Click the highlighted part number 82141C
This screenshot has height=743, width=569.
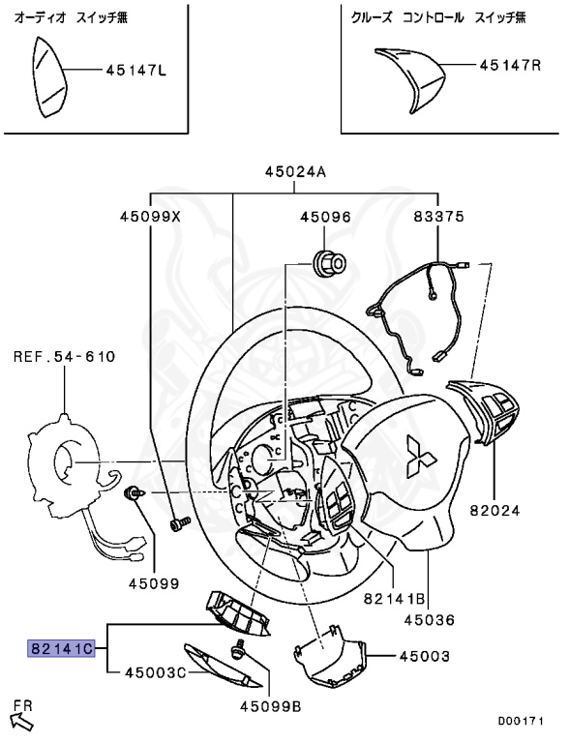(x=62, y=648)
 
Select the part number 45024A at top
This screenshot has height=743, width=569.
(x=295, y=171)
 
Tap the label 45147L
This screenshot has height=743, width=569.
(x=136, y=71)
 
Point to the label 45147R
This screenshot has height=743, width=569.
(x=510, y=65)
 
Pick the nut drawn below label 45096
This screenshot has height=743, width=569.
(x=328, y=262)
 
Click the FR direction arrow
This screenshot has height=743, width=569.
(x=21, y=721)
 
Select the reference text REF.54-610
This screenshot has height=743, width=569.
(x=64, y=356)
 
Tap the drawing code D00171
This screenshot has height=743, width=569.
(x=521, y=721)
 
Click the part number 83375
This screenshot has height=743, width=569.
(x=439, y=217)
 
